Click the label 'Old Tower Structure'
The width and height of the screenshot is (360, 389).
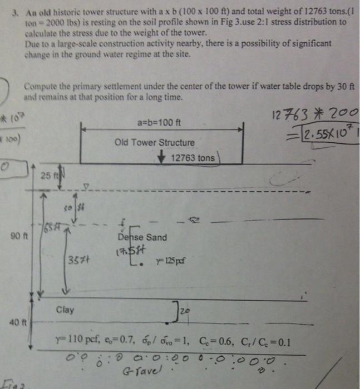[154, 142]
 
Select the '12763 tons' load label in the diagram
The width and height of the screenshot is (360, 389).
[193, 158]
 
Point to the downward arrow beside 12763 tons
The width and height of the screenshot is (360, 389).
[161, 157]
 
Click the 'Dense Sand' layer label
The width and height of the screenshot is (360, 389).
[141, 237]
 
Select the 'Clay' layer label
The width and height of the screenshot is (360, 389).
[65, 310]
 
